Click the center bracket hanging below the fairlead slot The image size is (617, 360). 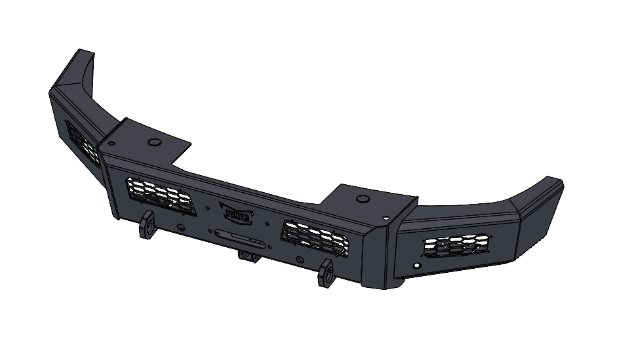pyautogui.click(x=249, y=256)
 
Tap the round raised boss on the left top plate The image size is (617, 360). pyautogui.click(x=155, y=142)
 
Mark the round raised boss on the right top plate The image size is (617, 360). pyautogui.click(x=361, y=198)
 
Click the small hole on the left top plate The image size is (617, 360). pyautogui.click(x=113, y=142)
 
